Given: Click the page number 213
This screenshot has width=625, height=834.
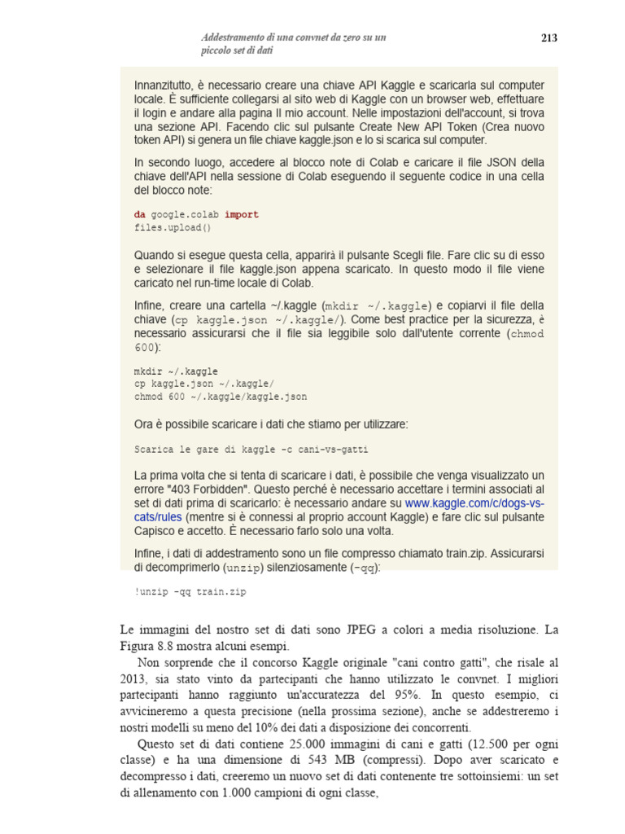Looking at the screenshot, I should tap(549, 37).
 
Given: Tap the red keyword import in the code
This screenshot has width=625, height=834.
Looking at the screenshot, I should tap(242, 214).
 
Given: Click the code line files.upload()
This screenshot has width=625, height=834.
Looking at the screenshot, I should tap(173, 227).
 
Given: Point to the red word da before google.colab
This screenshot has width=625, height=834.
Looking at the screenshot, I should tap(141, 214).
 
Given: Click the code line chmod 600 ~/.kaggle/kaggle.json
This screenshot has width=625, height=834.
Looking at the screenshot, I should tap(221, 397).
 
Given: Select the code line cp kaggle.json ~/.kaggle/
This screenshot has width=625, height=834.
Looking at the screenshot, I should tap(204, 384).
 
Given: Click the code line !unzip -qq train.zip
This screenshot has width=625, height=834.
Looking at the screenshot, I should tap(190, 592).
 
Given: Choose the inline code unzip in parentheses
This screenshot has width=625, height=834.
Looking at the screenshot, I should tap(243, 567).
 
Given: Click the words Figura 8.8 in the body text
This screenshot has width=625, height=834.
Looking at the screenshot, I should tap(146, 647).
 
